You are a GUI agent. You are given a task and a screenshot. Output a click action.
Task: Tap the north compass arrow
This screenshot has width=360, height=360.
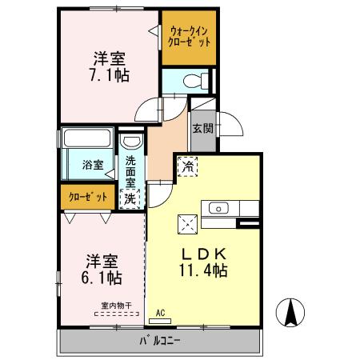click(x=290, y=313)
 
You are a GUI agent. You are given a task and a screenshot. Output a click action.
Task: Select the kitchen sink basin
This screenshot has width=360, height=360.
click(x=218, y=208)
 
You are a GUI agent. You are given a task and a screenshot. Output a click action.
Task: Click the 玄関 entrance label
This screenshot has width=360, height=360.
click(x=203, y=128)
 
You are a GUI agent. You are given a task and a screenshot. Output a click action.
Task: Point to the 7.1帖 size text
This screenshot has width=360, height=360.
click(x=110, y=75)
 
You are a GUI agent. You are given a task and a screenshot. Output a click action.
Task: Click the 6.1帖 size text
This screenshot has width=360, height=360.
click(x=102, y=278)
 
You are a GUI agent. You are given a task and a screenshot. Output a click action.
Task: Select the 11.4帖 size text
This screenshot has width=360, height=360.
click(x=203, y=270)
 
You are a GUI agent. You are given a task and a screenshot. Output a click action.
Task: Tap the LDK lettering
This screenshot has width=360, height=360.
click(x=204, y=254)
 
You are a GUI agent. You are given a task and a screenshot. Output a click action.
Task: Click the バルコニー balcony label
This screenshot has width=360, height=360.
click(x=160, y=341)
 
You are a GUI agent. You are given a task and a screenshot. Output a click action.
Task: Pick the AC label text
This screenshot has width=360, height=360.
click(x=160, y=313)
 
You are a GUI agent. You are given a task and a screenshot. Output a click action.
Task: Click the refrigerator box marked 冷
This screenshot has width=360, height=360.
click(x=188, y=166)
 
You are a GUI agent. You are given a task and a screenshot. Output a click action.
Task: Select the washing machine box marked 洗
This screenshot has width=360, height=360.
click(x=130, y=198)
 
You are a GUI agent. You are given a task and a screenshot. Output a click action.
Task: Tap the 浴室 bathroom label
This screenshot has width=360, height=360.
click(x=93, y=165)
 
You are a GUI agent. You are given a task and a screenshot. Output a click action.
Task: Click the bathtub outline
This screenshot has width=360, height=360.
click(x=87, y=138)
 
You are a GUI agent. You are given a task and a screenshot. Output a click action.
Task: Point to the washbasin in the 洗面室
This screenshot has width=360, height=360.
click(x=131, y=141)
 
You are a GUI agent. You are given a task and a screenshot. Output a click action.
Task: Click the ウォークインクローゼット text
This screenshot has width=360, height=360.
click(x=189, y=37)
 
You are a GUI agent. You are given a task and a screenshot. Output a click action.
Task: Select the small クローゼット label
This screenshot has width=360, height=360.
click(x=88, y=198)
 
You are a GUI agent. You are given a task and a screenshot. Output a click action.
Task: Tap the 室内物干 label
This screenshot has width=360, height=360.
click(x=116, y=306)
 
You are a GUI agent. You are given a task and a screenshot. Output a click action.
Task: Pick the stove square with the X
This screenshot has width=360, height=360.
click(x=188, y=225)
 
